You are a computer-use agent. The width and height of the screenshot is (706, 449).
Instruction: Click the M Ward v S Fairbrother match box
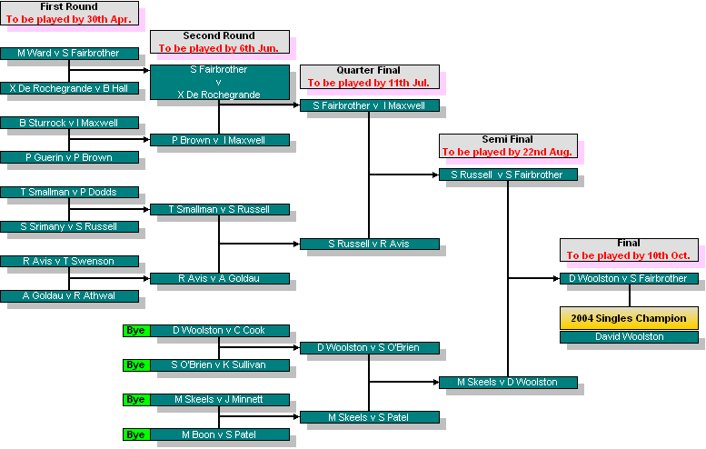(69, 54)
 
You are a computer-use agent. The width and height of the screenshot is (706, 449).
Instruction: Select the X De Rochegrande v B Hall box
(69, 88)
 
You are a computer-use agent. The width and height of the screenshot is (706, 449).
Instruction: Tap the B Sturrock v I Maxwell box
(69, 123)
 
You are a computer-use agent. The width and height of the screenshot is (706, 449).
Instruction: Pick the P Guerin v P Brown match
(69, 157)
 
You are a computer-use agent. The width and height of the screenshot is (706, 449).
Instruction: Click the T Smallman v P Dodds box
(69, 192)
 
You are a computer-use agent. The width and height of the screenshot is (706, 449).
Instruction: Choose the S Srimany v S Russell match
(69, 226)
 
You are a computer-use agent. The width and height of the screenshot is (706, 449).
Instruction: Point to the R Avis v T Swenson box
(69, 261)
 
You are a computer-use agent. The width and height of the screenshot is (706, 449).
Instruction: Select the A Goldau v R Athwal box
(69, 295)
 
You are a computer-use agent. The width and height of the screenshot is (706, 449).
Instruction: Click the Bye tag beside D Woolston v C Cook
(135, 330)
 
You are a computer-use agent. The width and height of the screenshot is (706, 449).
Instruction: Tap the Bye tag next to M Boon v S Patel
(135, 434)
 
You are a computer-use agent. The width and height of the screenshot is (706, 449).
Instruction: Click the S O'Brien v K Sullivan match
(219, 364)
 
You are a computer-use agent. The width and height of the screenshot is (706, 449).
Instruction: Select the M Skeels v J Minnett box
(219, 399)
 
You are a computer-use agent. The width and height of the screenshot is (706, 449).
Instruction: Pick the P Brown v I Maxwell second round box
(219, 140)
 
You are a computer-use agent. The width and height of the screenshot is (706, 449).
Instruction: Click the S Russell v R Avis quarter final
(369, 244)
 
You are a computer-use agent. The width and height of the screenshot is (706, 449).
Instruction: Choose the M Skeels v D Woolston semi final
(508, 382)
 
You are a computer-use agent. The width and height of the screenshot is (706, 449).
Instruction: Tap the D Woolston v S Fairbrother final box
(629, 278)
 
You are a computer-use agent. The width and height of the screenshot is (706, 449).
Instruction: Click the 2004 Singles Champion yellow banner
(629, 318)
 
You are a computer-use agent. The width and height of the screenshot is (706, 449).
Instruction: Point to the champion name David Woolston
(629, 337)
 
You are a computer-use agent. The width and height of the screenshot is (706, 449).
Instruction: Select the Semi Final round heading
(507, 140)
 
